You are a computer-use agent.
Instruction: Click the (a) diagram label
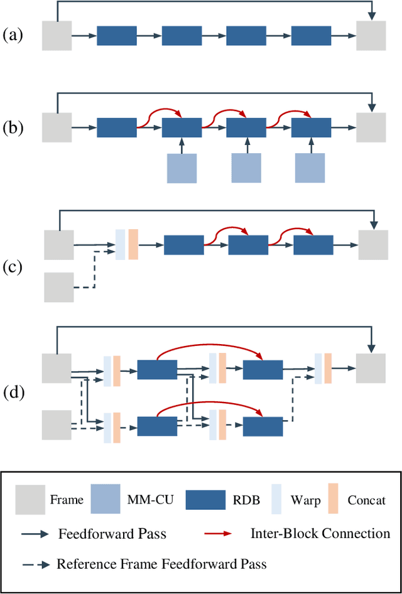point(14,35)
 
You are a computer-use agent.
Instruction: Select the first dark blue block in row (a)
point(116,35)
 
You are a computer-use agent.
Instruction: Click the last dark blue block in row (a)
point(312,35)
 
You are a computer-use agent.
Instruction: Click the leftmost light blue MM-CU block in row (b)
point(182,168)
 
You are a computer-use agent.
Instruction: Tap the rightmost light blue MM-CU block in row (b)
point(311,168)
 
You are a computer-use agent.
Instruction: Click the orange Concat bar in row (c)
point(133,244)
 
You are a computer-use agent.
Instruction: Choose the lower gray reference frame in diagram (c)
point(59,288)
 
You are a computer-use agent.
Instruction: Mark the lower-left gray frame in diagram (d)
point(57,424)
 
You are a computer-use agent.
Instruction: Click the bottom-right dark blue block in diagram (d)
point(263,426)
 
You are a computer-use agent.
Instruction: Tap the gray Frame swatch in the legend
point(30,499)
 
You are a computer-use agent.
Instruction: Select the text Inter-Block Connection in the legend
point(320,534)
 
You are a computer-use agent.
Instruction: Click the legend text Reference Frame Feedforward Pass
point(161,564)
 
